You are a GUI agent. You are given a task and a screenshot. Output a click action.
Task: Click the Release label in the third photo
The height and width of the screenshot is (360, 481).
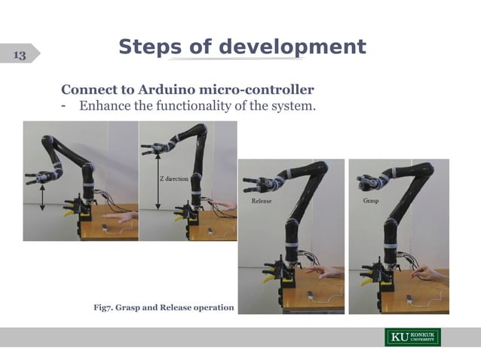[x=261, y=202]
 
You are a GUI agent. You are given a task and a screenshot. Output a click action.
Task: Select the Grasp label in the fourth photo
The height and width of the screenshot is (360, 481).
[x=371, y=201]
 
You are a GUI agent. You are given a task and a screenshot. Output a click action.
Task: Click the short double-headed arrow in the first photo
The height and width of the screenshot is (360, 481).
[x=42, y=197]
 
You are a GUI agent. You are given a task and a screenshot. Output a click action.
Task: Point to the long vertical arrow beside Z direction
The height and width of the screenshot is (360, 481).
[x=158, y=182]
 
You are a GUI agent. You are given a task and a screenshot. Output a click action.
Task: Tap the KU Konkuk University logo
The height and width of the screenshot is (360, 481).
[x=413, y=337]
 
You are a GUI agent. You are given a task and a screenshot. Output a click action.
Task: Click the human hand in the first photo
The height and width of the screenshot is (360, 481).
[x=121, y=217]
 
